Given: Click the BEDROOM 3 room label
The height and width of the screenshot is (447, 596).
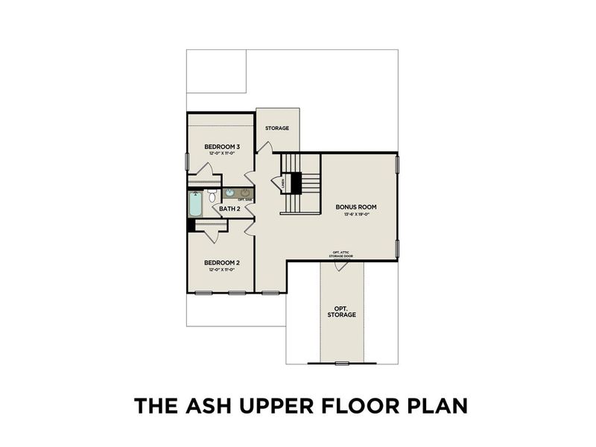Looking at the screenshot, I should point(222,147).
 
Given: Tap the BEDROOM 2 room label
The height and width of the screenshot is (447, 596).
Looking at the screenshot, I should point(222,263).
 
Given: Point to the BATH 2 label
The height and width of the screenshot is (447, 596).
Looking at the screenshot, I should point(229,209).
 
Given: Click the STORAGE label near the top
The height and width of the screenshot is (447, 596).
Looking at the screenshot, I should point(277,128).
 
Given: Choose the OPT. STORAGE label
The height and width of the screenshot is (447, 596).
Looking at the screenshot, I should point(341,311).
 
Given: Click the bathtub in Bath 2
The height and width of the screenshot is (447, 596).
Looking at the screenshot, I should point(195,204).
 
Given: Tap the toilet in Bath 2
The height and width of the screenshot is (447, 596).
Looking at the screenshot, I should point(212,196).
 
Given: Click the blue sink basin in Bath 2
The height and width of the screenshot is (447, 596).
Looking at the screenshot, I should point(229,194).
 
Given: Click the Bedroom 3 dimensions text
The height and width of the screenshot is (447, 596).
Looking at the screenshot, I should point(222,153).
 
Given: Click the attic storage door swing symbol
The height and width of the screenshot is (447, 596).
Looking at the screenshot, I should point(340,266).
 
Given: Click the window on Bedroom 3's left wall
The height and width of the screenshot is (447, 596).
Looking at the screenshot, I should point(187,161).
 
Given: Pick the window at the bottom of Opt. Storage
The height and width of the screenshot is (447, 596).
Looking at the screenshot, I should point(341,364).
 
